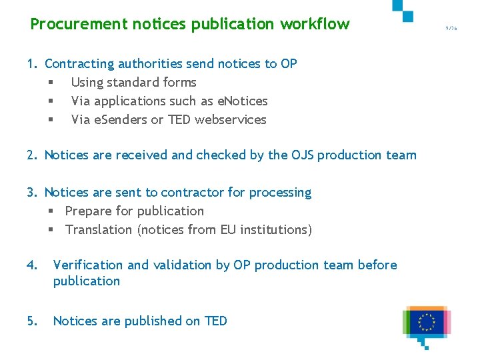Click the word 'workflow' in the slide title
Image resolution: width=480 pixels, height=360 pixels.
[x=315, y=25]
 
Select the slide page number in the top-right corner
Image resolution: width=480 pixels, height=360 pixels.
[x=452, y=29]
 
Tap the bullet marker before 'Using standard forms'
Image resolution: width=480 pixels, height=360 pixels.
[x=50, y=83]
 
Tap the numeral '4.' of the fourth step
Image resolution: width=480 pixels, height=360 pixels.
[x=31, y=265]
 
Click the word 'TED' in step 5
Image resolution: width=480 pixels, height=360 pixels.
[x=215, y=321]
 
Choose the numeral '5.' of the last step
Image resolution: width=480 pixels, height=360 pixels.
[x=31, y=321]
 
